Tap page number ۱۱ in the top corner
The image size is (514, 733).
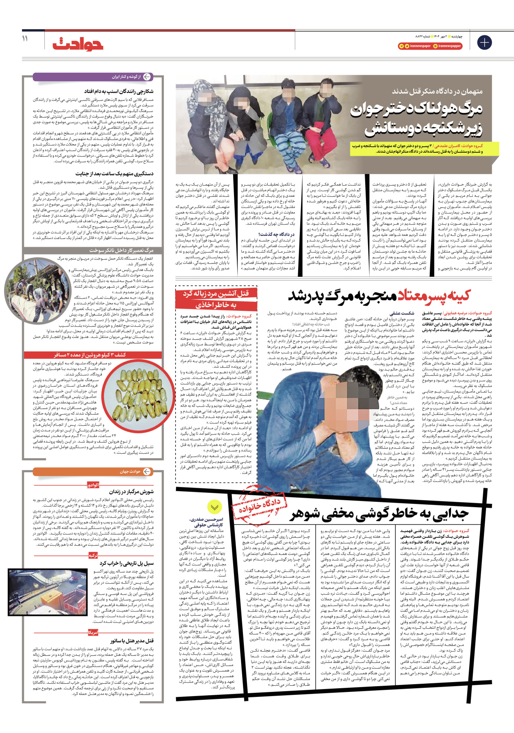coord(25,39)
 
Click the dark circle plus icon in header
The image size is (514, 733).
coord(484,42)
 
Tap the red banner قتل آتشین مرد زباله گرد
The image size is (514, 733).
coord(215,299)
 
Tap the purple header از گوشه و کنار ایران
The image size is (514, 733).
coord(93,77)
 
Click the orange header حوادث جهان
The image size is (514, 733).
coord(93,471)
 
